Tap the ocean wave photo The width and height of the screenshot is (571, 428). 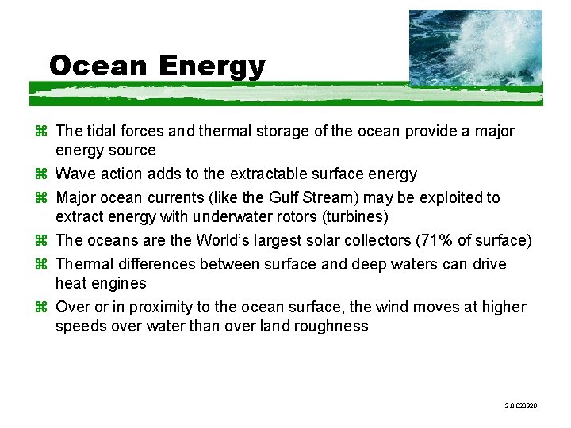click(475, 47)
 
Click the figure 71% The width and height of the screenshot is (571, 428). click(447, 240)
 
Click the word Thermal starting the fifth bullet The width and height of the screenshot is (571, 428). click(84, 264)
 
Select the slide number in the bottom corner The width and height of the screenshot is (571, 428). click(520, 405)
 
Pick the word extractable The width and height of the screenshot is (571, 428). click(267, 174)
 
